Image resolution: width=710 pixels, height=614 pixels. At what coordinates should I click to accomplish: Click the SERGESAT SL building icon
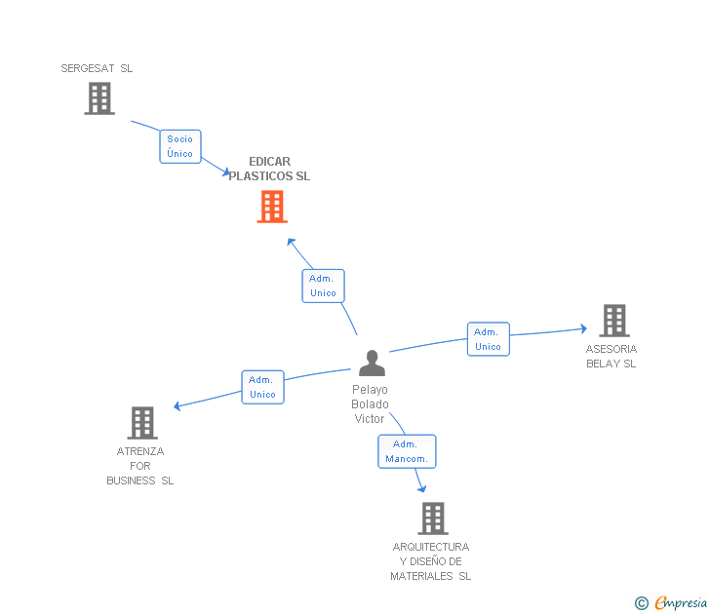pyautogui.click(x=99, y=98)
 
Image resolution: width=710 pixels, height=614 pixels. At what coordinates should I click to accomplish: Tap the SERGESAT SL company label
pyautogui.click(x=97, y=69)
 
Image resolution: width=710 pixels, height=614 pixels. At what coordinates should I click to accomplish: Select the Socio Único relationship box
pyautogui.click(x=179, y=146)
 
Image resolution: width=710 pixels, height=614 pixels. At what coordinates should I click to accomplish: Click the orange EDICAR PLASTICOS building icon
pyautogui.click(x=272, y=207)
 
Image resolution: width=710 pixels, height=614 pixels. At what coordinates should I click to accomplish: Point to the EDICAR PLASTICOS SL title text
pyautogui.click(x=269, y=170)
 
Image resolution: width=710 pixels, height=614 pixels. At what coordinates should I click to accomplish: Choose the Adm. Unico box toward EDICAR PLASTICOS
pyautogui.click(x=323, y=286)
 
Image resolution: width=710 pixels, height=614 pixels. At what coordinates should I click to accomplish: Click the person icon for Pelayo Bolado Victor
pyautogui.click(x=372, y=363)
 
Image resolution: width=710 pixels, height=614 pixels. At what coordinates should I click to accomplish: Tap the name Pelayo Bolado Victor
pyautogui.click(x=370, y=404)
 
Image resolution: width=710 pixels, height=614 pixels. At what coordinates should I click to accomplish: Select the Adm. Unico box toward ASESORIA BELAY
pyautogui.click(x=488, y=339)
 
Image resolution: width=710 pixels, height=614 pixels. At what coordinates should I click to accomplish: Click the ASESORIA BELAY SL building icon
pyautogui.click(x=613, y=320)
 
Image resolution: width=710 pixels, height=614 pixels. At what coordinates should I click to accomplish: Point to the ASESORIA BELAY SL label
pyautogui.click(x=611, y=357)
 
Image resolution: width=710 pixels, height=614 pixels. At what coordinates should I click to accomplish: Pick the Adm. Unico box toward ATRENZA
pyautogui.click(x=262, y=387)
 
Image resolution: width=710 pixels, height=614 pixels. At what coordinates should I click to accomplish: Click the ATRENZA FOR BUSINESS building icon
pyautogui.click(x=142, y=423)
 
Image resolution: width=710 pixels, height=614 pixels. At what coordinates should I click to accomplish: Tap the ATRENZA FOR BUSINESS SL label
pyautogui.click(x=140, y=466)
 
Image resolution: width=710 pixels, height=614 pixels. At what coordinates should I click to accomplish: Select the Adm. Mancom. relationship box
pyautogui.click(x=407, y=451)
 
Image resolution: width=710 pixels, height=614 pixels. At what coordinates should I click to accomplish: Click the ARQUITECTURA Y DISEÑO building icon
pyautogui.click(x=433, y=518)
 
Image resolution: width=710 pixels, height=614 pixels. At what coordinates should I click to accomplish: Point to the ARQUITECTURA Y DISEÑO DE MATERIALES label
pyautogui.click(x=430, y=561)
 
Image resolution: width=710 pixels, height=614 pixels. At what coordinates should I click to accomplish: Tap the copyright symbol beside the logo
pyautogui.click(x=642, y=603)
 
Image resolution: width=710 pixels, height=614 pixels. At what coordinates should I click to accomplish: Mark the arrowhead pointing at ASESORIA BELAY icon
pyautogui.click(x=583, y=329)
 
